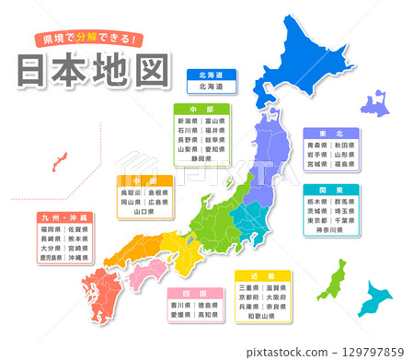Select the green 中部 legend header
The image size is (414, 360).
202,108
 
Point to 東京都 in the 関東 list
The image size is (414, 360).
318,220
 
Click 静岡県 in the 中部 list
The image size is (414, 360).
202,157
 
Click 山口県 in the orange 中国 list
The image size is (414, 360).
144,211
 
